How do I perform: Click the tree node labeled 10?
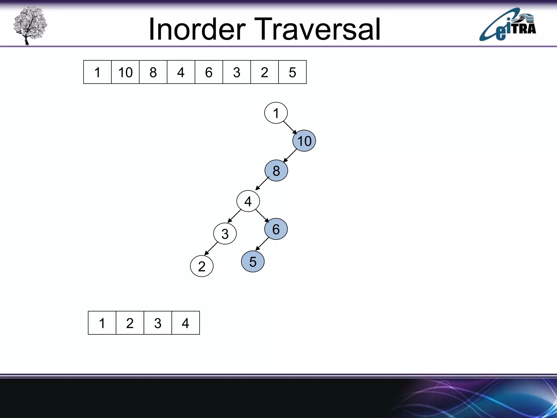pos(304,141)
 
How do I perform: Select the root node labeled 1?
pos(276,113)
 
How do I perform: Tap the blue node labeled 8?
pos(276,171)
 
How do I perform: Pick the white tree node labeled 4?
pos(248,201)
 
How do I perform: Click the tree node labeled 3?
pos(225,234)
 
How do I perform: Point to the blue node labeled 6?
pos(276,229)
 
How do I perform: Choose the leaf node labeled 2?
pos(202,266)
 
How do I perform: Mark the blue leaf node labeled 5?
pos(253,262)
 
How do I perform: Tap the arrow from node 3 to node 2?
pos(211,248)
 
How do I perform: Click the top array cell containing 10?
pos(125,72)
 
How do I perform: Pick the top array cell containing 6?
pos(209,72)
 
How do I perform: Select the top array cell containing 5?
pos(292,72)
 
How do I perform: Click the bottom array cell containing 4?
pos(185,323)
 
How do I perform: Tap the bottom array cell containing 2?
pos(130,323)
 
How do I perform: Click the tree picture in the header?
pos(30,25)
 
